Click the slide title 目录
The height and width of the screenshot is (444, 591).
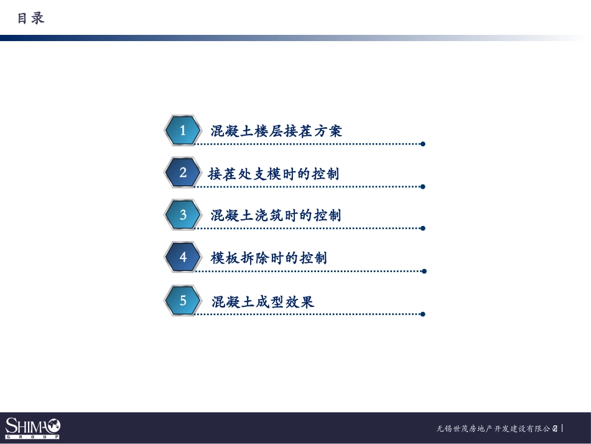point(30,19)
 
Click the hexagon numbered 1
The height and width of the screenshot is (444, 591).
point(183,131)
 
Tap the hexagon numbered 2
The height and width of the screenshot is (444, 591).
point(183,172)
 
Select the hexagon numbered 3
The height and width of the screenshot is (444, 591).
point(183,215)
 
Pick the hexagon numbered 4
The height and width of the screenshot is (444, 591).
point(183,257)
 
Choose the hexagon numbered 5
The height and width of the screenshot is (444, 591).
point(183,301)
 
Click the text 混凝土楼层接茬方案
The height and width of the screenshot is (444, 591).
point(276,131)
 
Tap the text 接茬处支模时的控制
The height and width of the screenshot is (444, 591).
point(274,174)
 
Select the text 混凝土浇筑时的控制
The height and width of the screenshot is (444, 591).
point(276,215)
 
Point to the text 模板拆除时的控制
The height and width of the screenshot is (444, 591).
point(269,258)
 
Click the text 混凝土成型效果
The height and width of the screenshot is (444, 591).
point(263,302)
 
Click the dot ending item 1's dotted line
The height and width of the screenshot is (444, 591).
point(423,144)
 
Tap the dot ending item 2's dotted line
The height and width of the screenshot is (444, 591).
point(423,186)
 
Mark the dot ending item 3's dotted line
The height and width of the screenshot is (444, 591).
point(423,229)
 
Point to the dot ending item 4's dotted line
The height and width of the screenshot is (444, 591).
point(424,271)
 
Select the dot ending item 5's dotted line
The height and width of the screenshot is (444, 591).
point(423,314)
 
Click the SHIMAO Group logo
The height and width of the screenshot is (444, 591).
point(32,428)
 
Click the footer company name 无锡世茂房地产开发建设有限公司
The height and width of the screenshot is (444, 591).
point(494,429)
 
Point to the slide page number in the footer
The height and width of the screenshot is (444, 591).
point(555,428)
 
